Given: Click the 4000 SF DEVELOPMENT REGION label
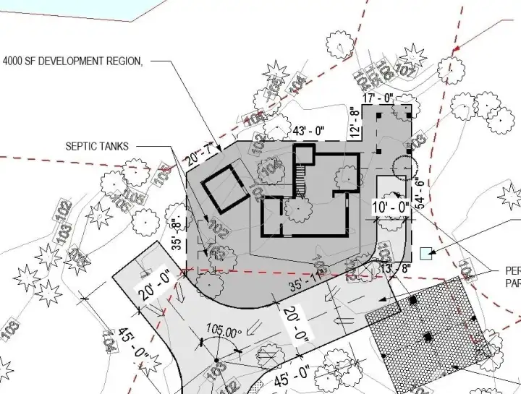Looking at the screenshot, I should click(x=72, y=62).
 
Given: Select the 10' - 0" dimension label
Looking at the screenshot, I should click(x=391, y=208).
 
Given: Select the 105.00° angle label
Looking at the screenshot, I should click(x=223, y=333).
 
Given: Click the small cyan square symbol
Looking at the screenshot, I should click(x=426, y=253).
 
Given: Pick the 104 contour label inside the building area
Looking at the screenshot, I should click(x=272, y=168).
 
